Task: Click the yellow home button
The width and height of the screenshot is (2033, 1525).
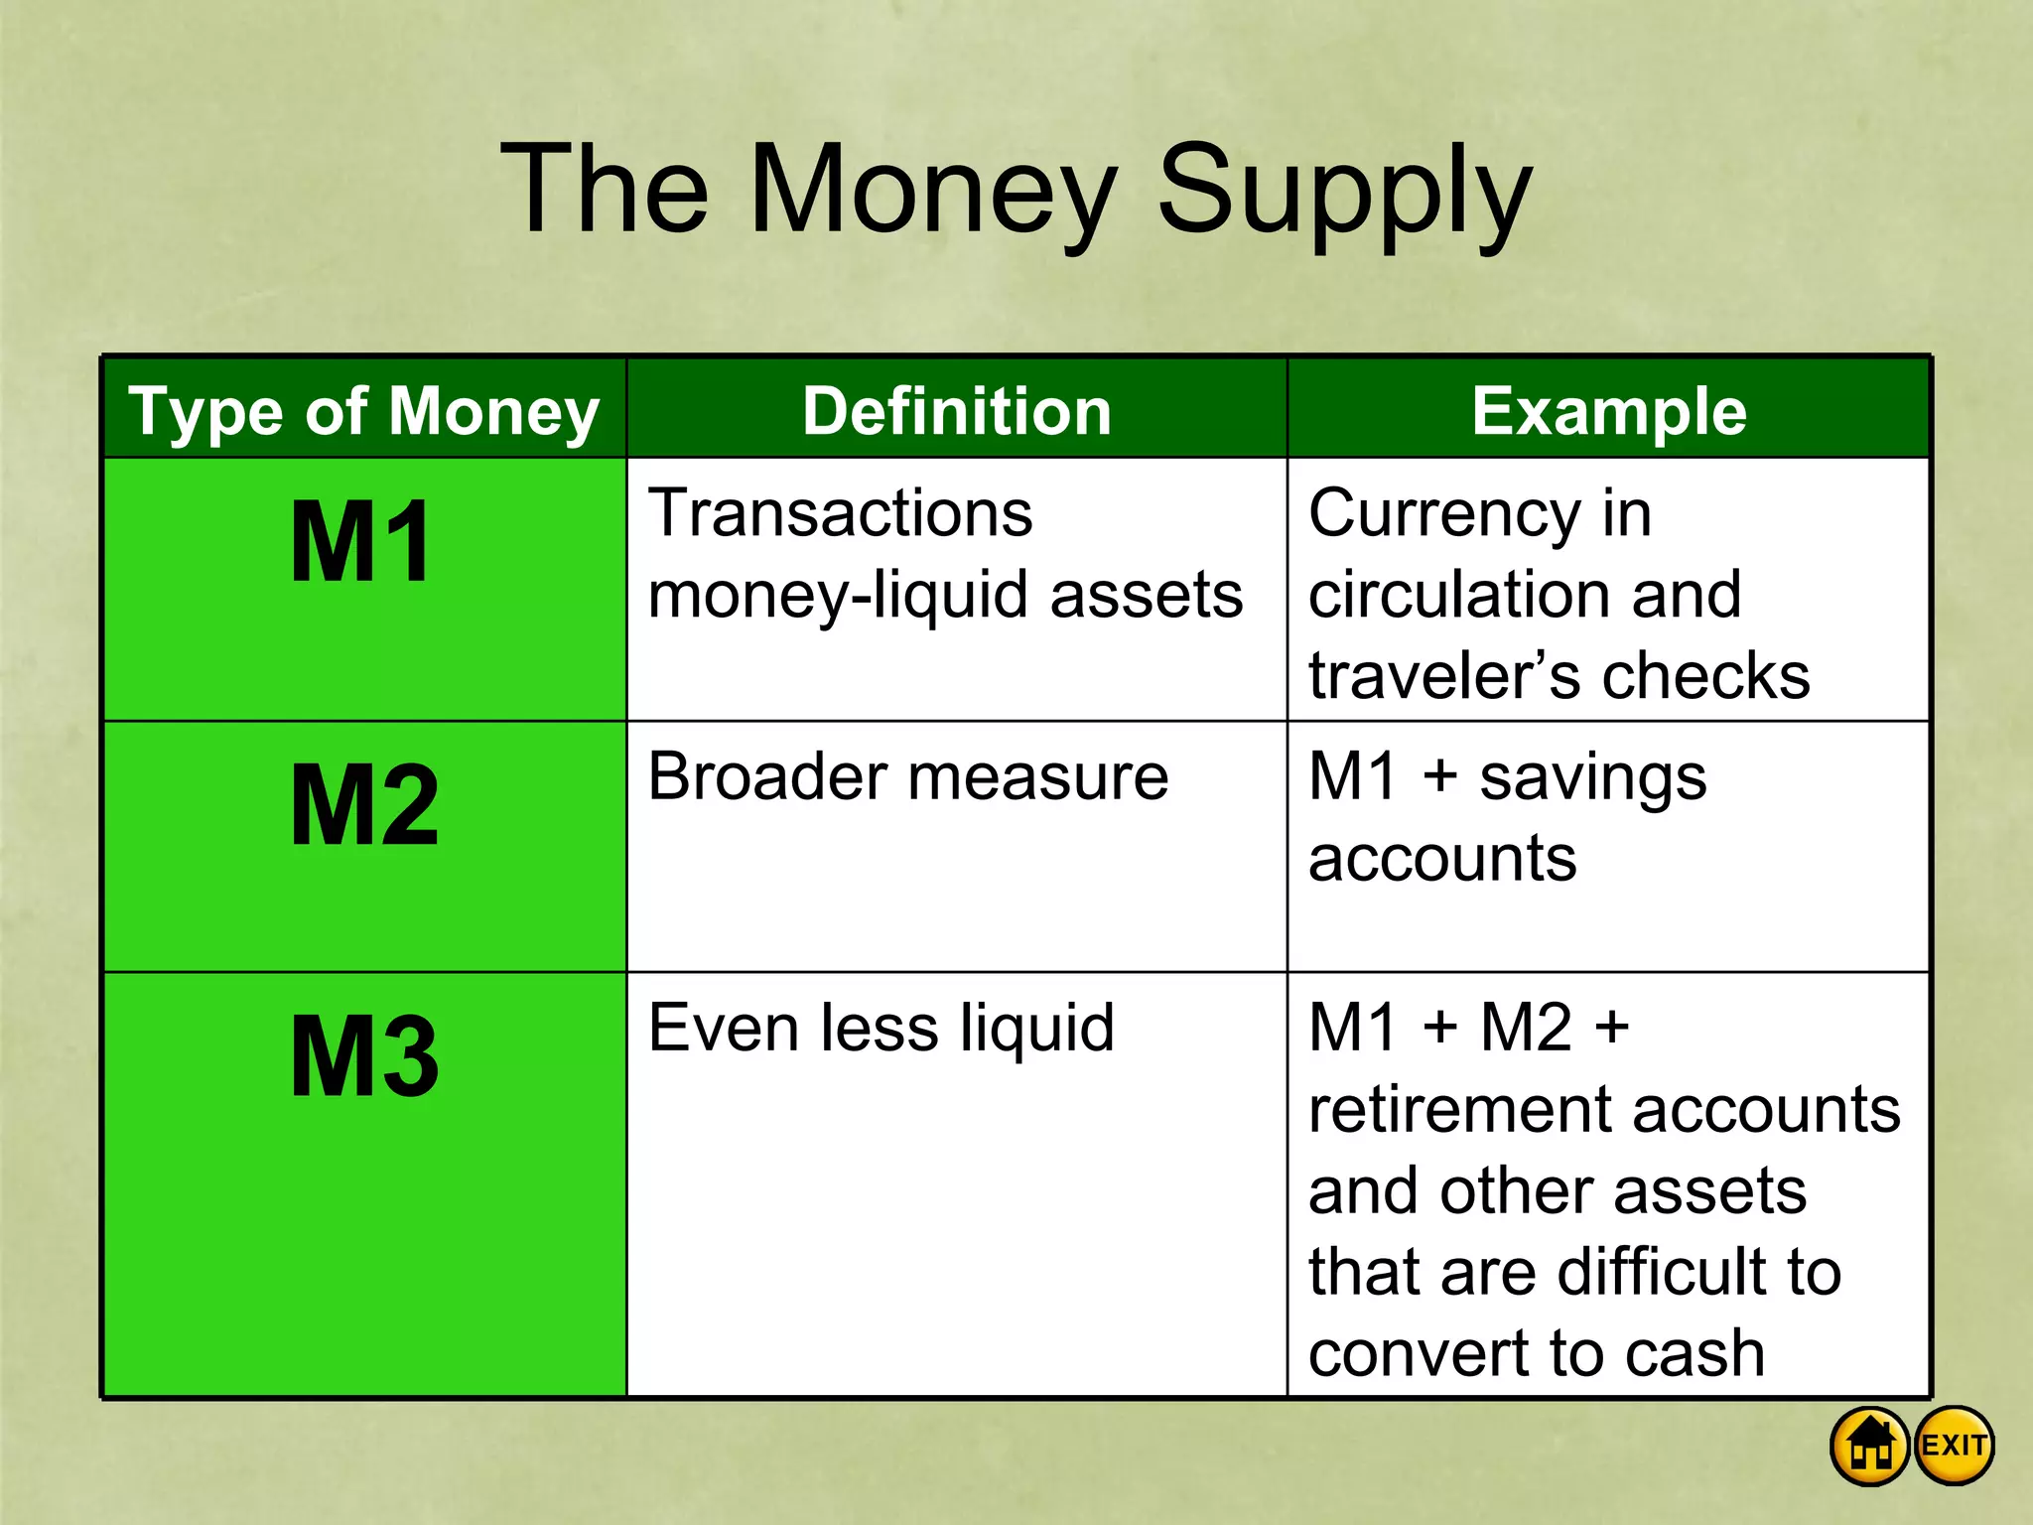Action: pyautogui.click(x=1869, y=1446)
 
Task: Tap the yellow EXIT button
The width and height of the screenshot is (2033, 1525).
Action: pyautogui.click(x=1954, y=1446)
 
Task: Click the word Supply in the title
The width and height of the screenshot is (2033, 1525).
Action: pyautogui.click(x=1345, y=191)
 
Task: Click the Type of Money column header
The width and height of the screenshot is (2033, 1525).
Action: pyautogui.click(x=364, y=411)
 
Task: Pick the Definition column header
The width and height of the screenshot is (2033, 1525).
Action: pyautogui.click(x=957, y=411)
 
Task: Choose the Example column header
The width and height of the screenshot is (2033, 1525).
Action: pyautogui.click(x=1608, y=411)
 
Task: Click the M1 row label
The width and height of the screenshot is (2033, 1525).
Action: pyautogui.click(x=361, y=542)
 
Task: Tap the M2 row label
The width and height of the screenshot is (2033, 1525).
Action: pyautogui.click(x=364, y=805)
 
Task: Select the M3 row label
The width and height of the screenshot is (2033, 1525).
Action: pyautogui.click(x=364, y=1056)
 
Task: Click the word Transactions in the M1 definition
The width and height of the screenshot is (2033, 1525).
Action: pyautogui.click(x=840, y=513)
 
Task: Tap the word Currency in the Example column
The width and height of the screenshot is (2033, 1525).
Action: pyautogui.click(x=1444, y=515)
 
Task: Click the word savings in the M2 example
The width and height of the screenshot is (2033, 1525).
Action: pyautogui.click(x=1592, y=777)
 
